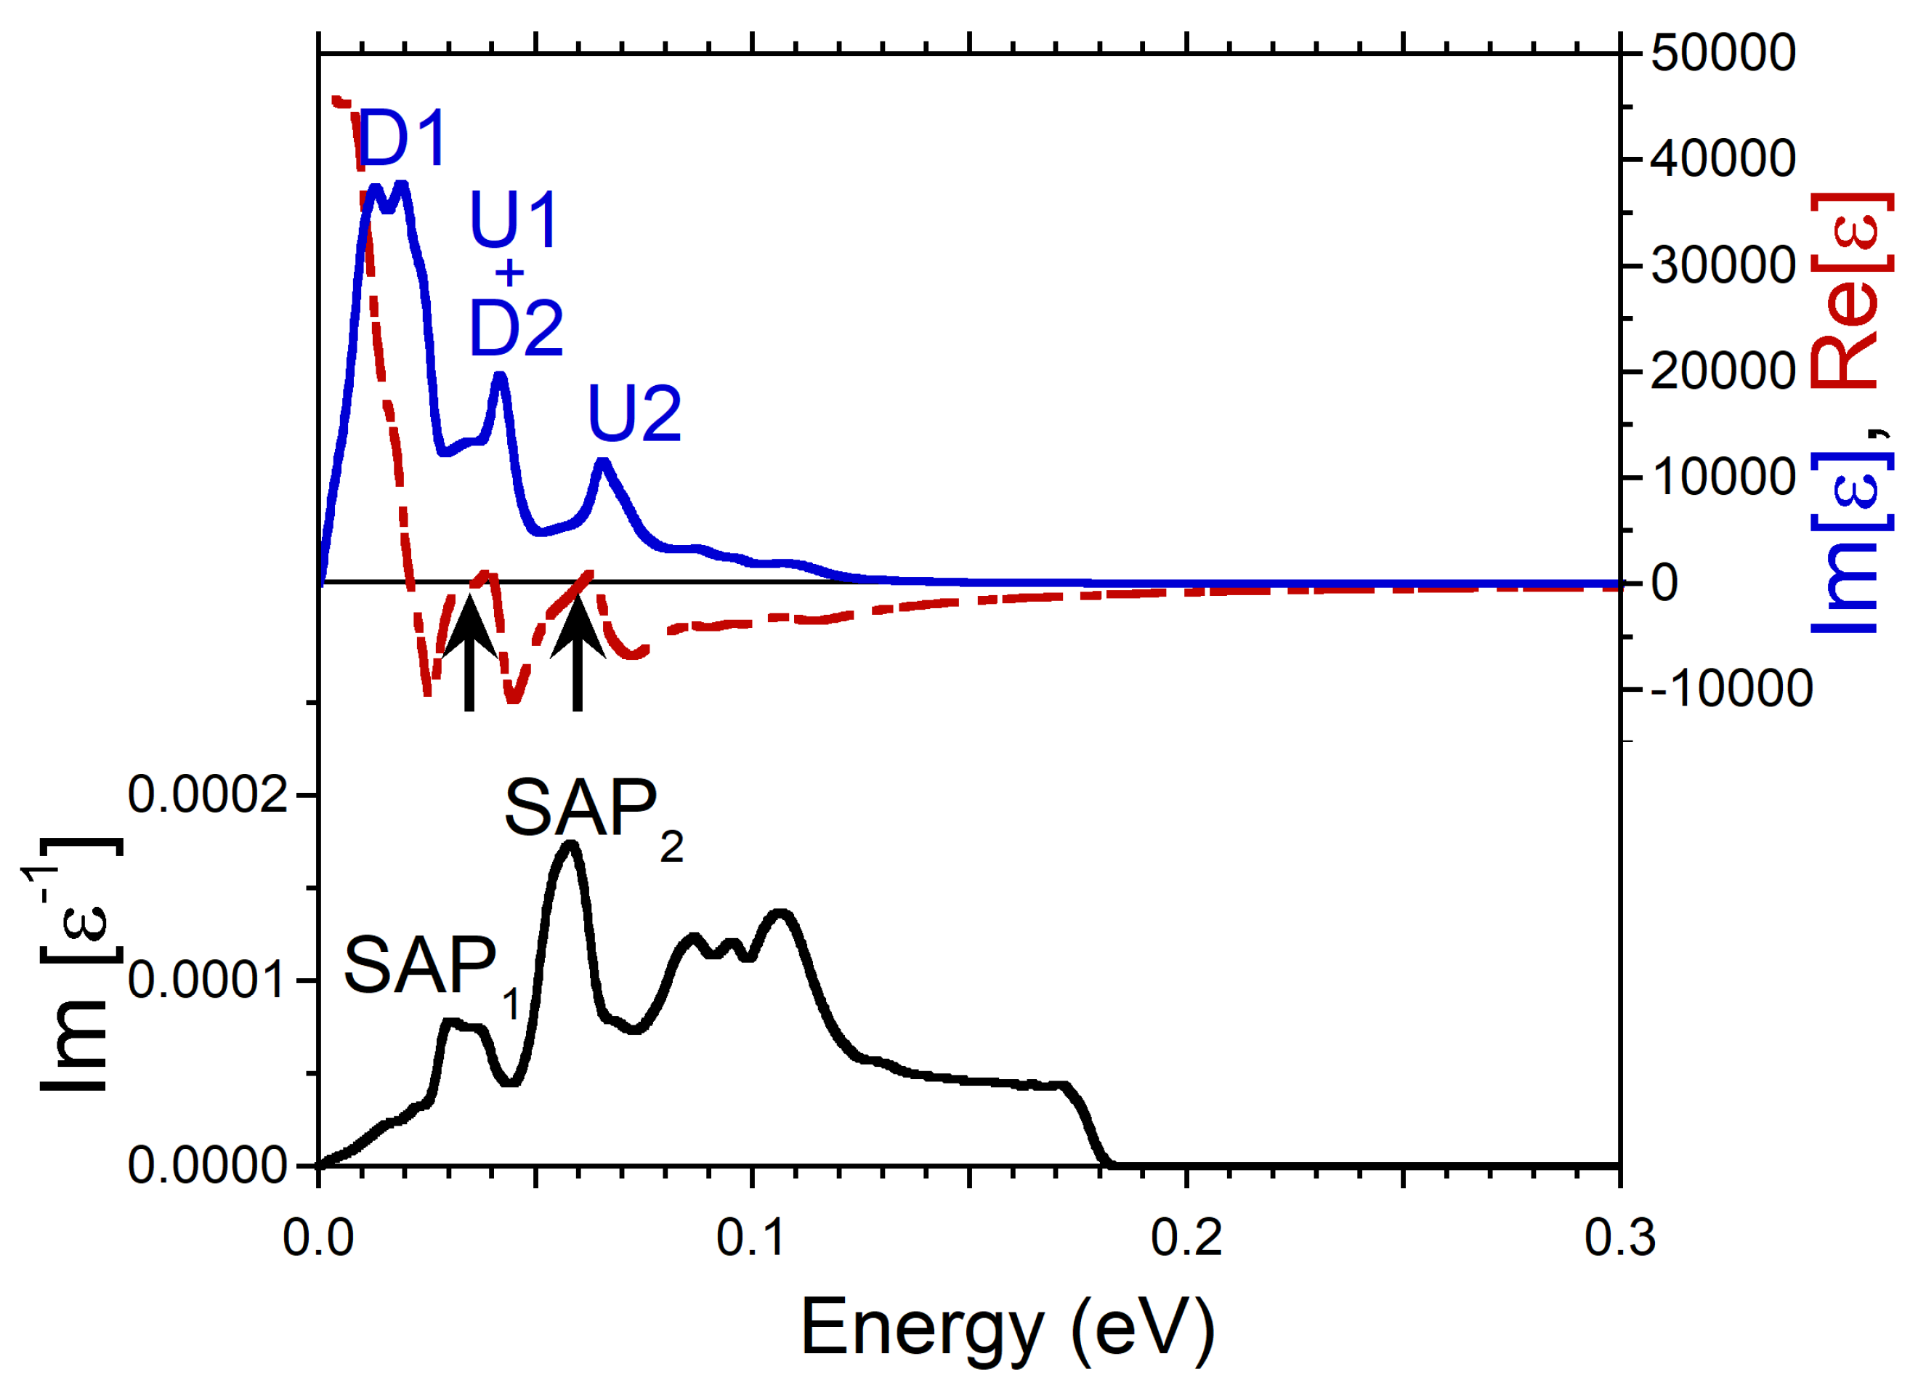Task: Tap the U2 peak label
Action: coord(634,414)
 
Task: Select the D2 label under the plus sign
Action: coord(517,328)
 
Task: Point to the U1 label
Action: coord(514,220)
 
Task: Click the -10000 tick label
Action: coord(1731,689)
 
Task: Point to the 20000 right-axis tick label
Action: coord(1722,371)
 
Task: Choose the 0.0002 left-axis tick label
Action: coord(208,796)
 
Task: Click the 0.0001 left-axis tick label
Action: coord(208,981)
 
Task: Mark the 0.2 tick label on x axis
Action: coord(1186,1238)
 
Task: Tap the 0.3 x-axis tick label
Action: coord(1619,1238)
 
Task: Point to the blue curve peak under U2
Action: coord(603,463)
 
